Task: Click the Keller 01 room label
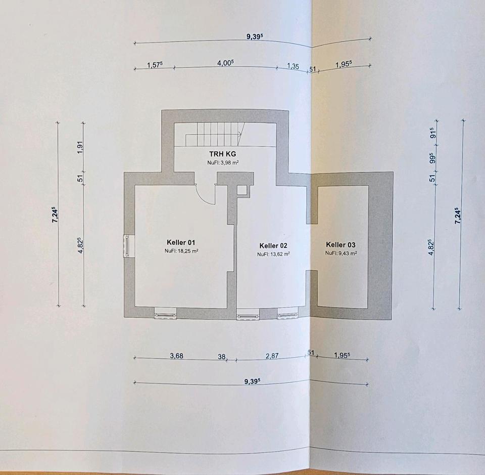(x=180, y=242)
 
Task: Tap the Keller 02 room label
(x=273, y=246)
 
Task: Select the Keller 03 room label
(x=341, y=245)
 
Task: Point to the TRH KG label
(x=222, y=154)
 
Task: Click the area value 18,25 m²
(x=180, y=251)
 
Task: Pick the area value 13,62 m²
(x=273, y=254)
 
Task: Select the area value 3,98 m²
(x=222, y=163)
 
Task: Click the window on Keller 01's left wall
(x=126, y=246)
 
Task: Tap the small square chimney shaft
(x=242, y=190)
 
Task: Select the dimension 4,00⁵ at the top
(x=225, y=63)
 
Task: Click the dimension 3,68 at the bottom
(x=176, y=356)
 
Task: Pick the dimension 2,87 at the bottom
(x=272, y=356)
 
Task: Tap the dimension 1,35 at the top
(x=293, y=66)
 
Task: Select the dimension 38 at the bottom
(x=221, y=357)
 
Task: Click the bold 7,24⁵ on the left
(x=55, y=214)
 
